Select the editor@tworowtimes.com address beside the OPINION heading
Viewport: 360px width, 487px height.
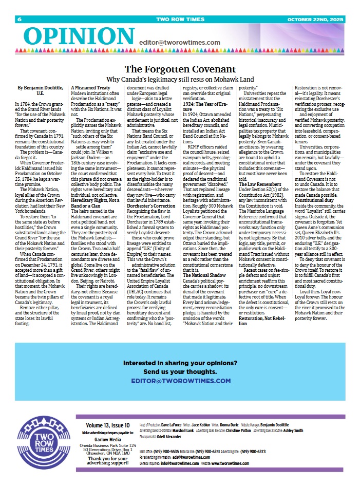point(179,43)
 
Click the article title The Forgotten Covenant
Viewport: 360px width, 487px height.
point(180,69)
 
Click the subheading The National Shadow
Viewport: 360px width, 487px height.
point(203,275)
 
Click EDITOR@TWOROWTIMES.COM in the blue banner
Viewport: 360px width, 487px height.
point(180,381)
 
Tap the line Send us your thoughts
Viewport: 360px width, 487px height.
point(180,371)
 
